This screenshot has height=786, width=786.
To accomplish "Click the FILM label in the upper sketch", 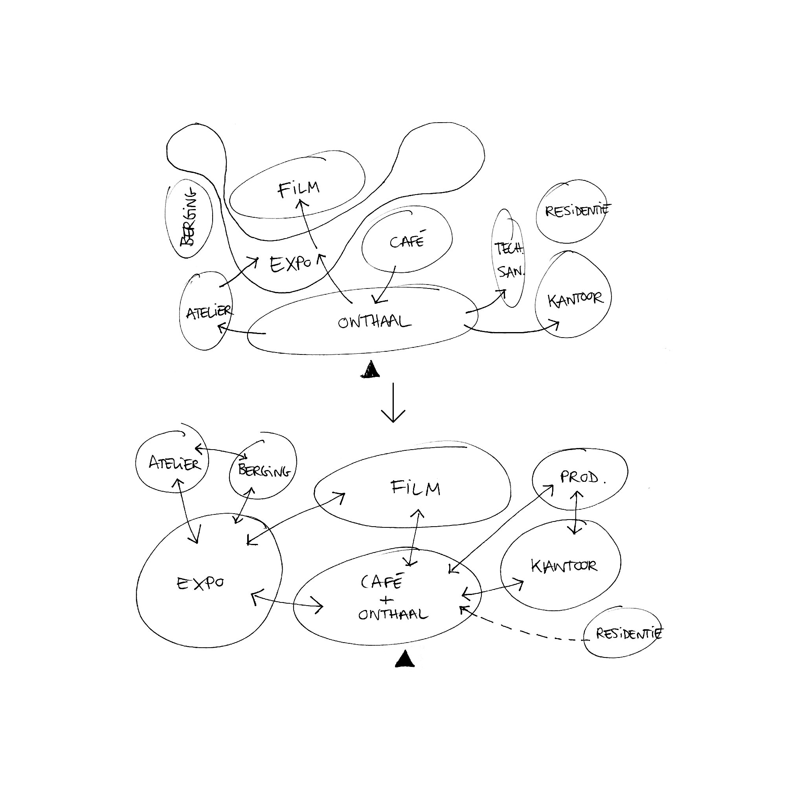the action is [299, 189].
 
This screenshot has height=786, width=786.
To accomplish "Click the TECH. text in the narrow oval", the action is [509, 249].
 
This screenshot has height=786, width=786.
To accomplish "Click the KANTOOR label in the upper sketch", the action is [575, 300].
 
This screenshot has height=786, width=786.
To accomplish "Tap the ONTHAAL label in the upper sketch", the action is [374, 322].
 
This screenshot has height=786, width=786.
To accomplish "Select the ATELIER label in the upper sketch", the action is [209, 312].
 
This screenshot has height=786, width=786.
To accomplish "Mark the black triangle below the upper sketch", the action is [370, 370].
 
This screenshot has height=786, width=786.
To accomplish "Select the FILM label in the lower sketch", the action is [415, 487].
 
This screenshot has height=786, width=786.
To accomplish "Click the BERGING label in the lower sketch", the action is [264, 471].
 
